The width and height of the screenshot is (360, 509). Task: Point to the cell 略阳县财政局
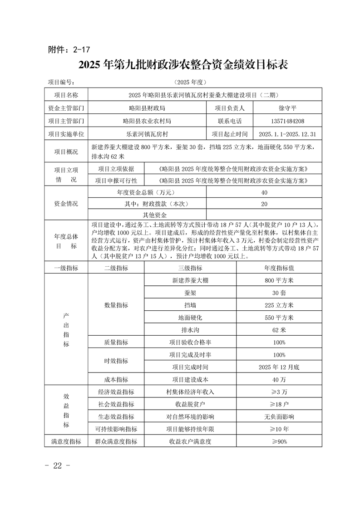tap(147, 108)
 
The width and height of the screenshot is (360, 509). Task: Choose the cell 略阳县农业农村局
tap(147, 121)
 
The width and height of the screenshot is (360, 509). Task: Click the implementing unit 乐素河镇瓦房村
tap(147, 134)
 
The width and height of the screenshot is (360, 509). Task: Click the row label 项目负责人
tap(229, 108)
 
